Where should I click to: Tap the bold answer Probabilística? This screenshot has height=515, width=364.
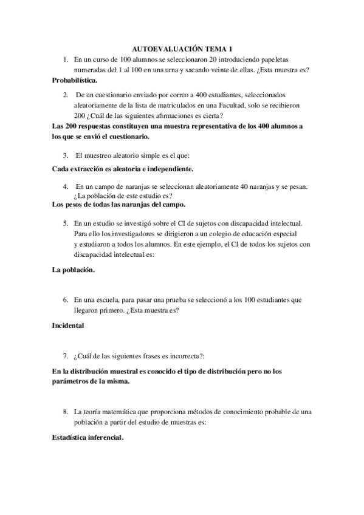pyautogui.click(x=75, y=80)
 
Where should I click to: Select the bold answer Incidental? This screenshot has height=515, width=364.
pyautogui.click(x=68, y=326)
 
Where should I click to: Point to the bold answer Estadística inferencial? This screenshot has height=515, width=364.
pyautogui.click(x=88, y=437)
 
